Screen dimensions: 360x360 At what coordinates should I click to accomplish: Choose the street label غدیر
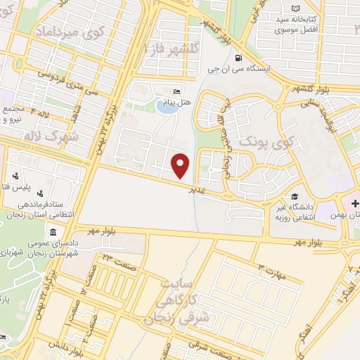(x=197, y=189)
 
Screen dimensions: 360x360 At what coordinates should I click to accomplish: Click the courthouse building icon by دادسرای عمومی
(x=53, y=233)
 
